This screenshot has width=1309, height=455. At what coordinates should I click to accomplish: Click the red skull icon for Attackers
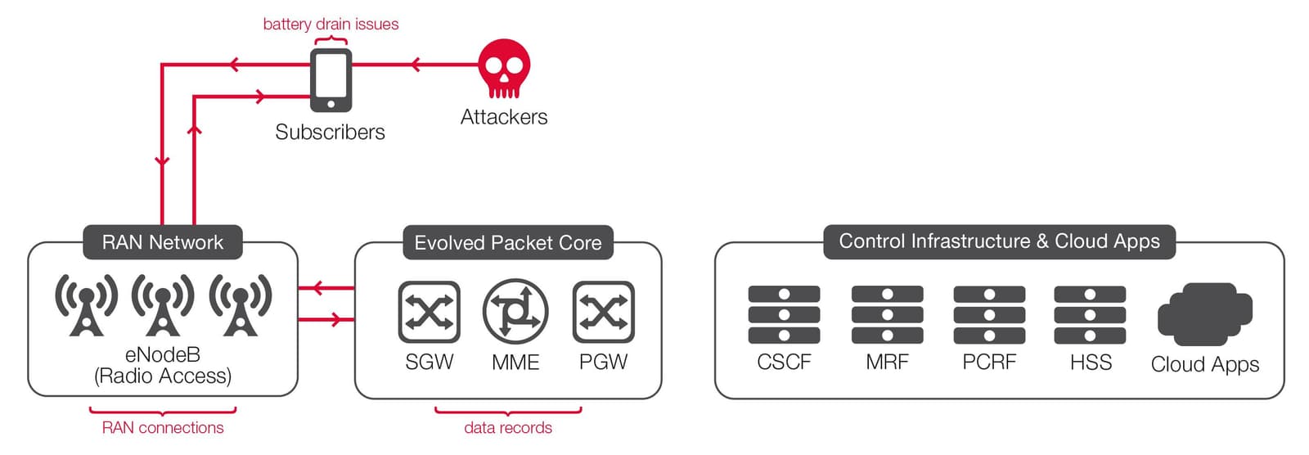[504, 68]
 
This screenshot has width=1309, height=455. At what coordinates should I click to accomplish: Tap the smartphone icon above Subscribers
[331, 80]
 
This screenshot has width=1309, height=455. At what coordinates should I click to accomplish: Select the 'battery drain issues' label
[331, 25]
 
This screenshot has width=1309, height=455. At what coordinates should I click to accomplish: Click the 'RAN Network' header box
[163, 242]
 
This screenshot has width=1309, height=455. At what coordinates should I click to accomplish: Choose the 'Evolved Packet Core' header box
[508, 243]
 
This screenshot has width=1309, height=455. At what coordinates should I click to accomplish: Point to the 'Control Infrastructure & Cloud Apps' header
[999, 241]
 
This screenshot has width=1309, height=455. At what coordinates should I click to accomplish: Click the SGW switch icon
[430, 312]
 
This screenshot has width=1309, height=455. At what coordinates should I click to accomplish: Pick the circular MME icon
[515, 312]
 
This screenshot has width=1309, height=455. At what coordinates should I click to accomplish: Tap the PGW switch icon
[604, 312]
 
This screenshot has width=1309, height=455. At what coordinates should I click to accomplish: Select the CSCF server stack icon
[784, 314]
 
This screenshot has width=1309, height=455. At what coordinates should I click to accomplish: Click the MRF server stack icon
[887, 314]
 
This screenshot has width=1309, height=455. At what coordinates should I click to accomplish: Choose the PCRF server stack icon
[989, 314]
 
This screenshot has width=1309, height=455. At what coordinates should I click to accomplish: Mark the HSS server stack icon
[1091, 314]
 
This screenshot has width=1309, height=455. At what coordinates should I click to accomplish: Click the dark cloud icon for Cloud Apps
[1205, 315]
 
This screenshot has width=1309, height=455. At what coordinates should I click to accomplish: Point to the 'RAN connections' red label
[163, 428]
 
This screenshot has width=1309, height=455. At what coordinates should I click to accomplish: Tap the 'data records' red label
[508, 428]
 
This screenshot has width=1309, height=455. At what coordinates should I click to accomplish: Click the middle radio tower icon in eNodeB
[163, 305]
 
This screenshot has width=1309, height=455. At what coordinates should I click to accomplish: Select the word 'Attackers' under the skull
[504, 117]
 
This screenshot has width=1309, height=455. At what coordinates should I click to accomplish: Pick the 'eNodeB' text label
[163, 355]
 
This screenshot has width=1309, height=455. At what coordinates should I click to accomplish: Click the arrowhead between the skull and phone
[416, 65]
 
